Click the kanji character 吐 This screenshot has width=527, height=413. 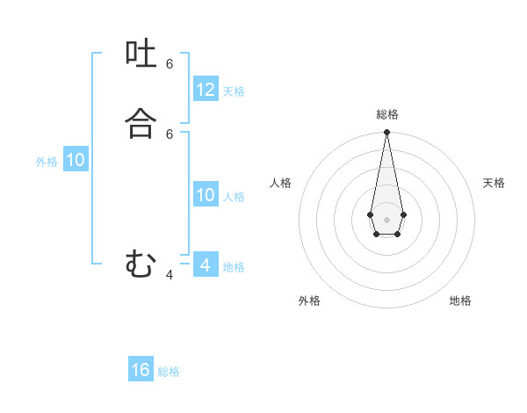pos(141,55)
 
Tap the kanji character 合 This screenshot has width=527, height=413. pos(141,124)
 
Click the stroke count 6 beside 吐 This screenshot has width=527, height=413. pos(170,64)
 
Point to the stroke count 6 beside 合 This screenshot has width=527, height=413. pos(170,134)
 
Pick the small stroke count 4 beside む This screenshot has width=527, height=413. pos(170,275)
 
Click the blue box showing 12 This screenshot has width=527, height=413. pos(206,90)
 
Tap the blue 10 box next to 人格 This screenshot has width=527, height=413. pos(206,195)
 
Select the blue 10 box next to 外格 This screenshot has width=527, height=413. pos(76,160)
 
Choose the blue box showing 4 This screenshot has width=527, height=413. pos(206,264)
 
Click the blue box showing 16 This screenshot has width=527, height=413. pos(141,370)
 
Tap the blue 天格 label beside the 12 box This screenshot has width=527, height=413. pos(234,91)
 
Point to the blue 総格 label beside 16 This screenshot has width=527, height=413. pos(169,372)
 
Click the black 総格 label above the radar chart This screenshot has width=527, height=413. pos(387,114)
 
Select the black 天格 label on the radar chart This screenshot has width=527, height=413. pos(494,183)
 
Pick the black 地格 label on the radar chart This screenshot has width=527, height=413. pos(460,301)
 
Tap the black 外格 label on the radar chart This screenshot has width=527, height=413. pos(309,301)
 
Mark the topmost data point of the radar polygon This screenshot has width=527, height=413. pos(386,133)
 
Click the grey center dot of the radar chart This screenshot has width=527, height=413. pos(386,219)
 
